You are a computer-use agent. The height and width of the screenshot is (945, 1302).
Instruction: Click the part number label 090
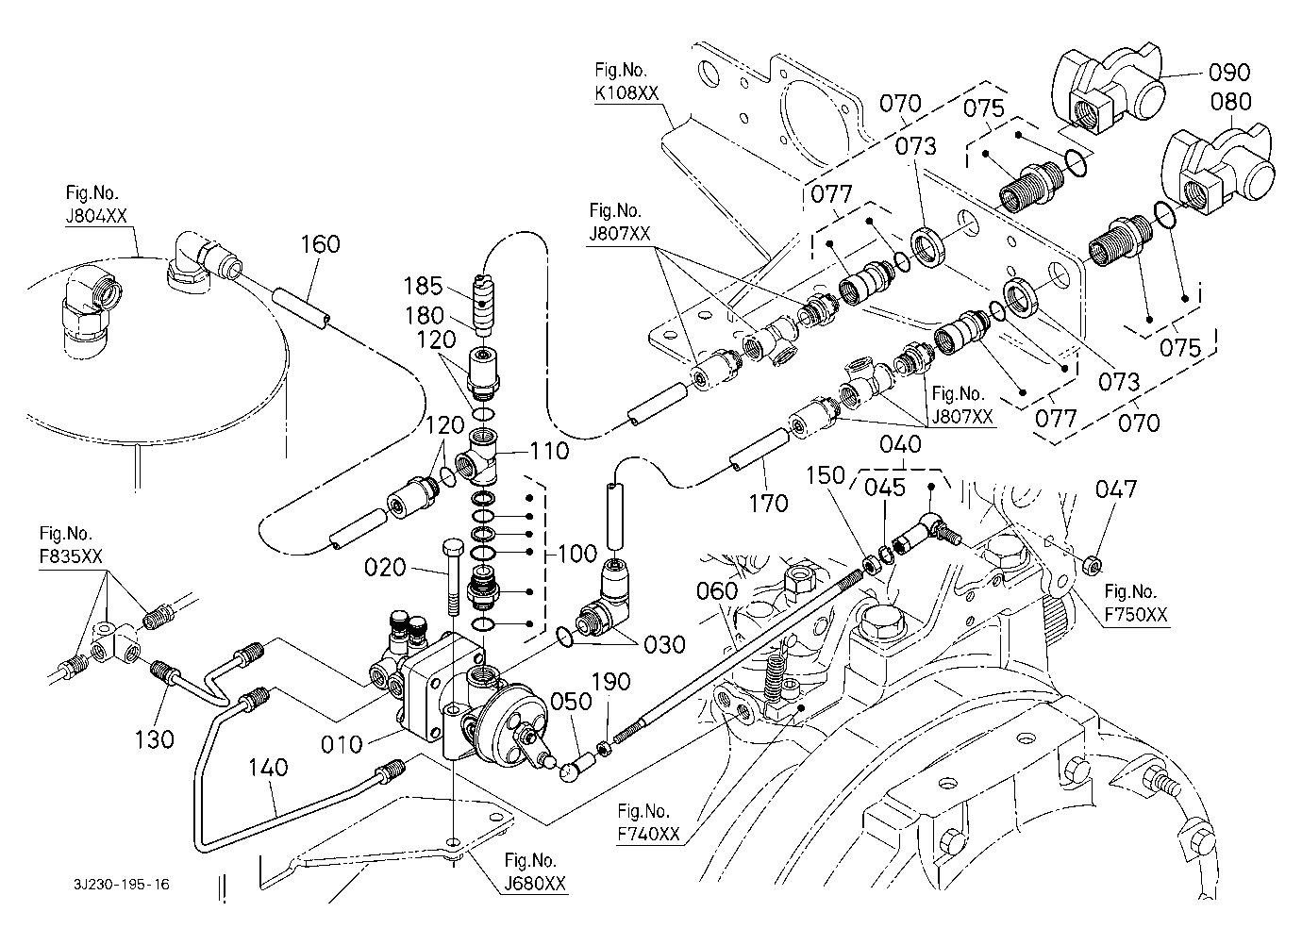click(1230, 73)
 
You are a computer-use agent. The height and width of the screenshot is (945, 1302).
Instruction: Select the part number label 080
click(1230, 101)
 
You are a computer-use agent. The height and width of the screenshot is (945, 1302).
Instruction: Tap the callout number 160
click(321, 244)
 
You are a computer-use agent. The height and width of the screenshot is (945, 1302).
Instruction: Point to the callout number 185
click(424, 286)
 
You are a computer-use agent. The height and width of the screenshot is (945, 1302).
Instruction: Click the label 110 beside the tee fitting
click(549, 451)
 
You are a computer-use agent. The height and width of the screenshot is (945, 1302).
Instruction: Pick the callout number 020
click(385, 568)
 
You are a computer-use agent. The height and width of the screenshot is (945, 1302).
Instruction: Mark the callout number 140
click(269, 770)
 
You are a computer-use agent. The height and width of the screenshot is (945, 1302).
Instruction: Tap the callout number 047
click(1116, 489)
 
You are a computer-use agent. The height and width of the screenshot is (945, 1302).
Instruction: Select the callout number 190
click(611, 681)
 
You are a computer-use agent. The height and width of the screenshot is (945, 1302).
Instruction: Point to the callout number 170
click(768, 504)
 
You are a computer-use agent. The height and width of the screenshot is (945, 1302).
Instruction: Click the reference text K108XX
click(626, 92)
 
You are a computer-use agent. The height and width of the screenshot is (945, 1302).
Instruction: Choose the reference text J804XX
click(95, 216)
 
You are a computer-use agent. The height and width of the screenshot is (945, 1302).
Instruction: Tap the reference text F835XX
click(71, 557)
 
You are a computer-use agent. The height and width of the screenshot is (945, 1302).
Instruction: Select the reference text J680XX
click(535, 885)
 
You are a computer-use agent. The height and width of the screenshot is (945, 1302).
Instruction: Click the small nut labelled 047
click(1089, 564)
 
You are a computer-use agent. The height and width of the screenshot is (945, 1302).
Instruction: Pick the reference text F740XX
click(647, 835)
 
